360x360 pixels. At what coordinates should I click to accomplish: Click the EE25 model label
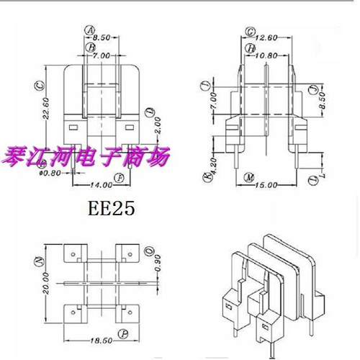(111, 209)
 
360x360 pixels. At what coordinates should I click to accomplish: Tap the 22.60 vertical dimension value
(46, 109)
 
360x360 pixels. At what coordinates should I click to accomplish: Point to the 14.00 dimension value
(91, 185)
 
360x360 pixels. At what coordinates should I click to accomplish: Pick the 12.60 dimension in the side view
(266, 37)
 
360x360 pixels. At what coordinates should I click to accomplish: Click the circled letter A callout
(91, 30)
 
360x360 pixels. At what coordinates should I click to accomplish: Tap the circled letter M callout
(248, 177)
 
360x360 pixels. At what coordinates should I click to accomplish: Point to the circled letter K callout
(205, 177)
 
